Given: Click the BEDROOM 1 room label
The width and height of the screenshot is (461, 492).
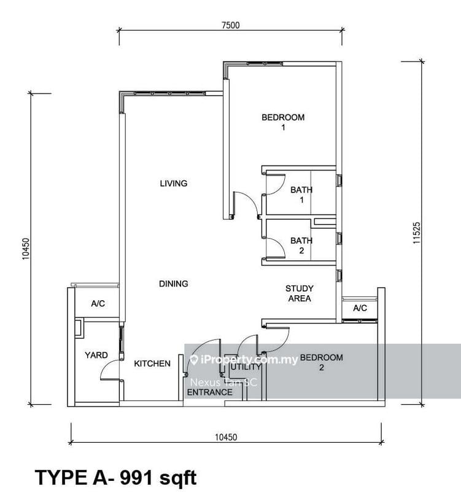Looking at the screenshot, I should [283, 122].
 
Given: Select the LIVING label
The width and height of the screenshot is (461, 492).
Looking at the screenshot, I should [173, 183].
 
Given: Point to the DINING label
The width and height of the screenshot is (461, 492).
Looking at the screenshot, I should [173, 284].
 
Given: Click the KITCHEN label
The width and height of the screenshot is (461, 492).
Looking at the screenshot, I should [152, 363].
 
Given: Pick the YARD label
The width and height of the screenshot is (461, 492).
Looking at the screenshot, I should [96, 355].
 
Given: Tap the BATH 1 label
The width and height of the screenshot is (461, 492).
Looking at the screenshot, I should [301, 195].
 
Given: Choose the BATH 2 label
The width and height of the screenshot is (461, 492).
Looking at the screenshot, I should [301, 245].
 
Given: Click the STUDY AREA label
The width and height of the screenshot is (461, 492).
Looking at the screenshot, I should [300, 293].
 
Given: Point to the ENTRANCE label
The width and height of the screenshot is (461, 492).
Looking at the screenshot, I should [209, 392].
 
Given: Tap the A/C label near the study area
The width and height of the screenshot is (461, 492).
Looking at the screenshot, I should [360, 308].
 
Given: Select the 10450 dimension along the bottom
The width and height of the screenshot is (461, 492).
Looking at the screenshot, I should [225, 437].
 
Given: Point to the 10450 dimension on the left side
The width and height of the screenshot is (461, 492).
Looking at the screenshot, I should [26, 248].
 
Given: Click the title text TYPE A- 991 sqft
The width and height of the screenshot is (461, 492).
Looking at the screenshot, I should [116, 477].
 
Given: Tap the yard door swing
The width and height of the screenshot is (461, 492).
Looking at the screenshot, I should [110, 369].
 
